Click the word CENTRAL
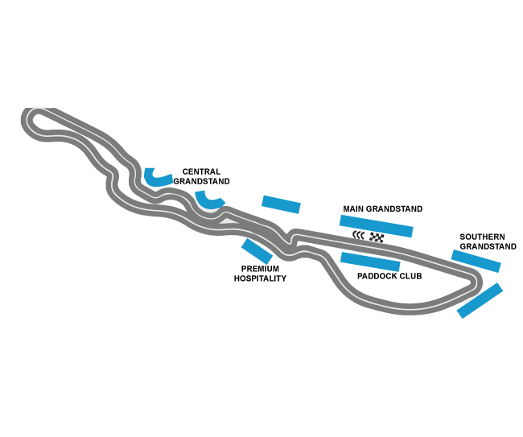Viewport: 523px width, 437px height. tap(201, 171)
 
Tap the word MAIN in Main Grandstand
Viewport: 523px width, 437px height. tap(353, 208)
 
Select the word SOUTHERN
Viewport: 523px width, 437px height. tap(482, 237)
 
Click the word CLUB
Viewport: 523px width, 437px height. tap(410, 276)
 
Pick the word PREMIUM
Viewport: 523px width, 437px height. tap(260, 269)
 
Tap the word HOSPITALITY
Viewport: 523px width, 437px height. tap(260, 278)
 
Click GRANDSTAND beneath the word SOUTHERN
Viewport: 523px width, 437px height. tap(488, 246)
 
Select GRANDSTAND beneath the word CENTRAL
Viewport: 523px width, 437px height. tap(201, 181)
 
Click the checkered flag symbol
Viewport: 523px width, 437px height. tap(377, 237)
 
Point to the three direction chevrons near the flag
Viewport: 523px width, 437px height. tap(358, 236)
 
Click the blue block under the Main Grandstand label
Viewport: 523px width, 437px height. tap(377, 226)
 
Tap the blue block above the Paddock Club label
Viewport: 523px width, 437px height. tap(370, 262)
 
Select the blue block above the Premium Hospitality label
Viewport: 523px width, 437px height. tap(257, 251)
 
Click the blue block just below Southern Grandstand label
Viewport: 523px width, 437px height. tap(476, 261)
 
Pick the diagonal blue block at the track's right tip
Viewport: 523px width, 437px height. tap(480, 300)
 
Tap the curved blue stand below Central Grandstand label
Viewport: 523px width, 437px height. tap(208, 201)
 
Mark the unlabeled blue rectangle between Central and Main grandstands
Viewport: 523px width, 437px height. tap(281, 204)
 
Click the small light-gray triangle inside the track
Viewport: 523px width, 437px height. tap(229, 221)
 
